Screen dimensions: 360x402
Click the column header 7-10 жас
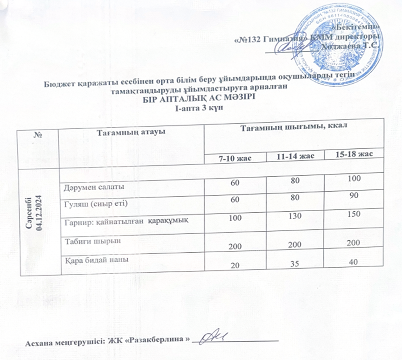click(236, 159)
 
